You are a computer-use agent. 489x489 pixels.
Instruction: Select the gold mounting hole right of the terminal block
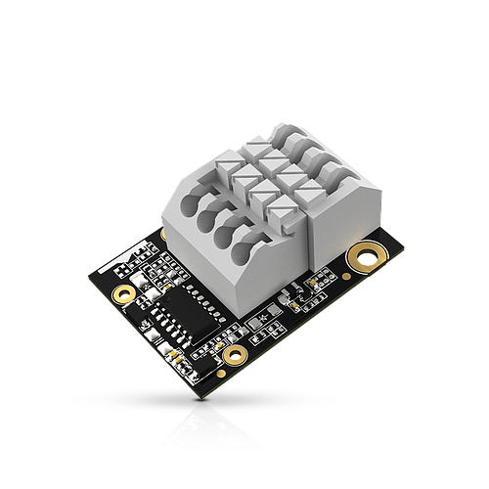[368, 257]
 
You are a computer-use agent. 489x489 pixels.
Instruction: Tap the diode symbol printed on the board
[262, 320]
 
